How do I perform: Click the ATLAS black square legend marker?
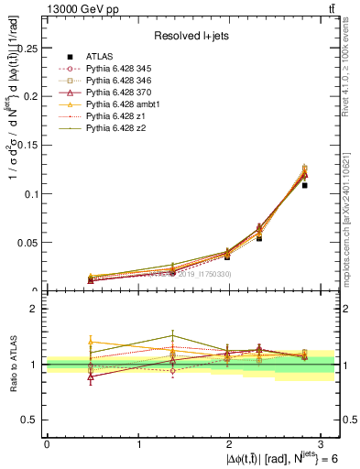[69, 57]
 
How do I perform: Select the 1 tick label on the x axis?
[138, 442]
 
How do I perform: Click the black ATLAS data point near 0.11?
[305, 185]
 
